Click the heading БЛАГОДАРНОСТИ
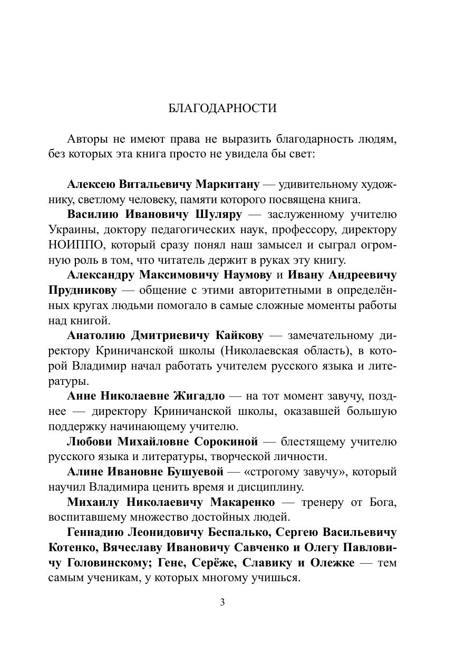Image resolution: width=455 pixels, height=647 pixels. coord(222,108)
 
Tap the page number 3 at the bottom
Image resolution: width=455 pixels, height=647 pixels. coord(222,602)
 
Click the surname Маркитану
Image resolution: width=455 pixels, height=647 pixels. coord(227,184)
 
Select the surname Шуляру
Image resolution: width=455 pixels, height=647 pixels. coord(218,215)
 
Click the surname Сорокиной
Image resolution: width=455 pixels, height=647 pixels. coord(226,441)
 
